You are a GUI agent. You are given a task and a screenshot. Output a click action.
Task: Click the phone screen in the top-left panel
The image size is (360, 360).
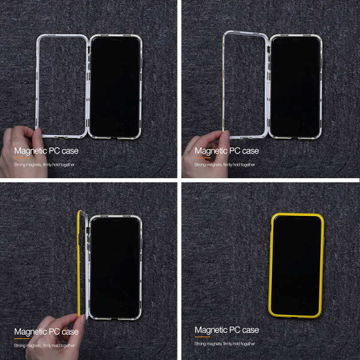[115, 86]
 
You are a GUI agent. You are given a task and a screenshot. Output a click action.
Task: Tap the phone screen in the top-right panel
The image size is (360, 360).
[295, 86]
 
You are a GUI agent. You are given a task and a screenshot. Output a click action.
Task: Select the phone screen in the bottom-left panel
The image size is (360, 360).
[115, 268]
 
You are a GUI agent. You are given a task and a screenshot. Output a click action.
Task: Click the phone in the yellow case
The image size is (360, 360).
[296, 266]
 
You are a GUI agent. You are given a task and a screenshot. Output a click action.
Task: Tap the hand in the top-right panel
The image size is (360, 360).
[205, 154]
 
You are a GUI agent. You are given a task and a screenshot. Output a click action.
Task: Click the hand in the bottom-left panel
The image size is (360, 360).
[55, 337]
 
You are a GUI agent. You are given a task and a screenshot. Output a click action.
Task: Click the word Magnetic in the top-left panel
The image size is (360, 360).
[31, 151]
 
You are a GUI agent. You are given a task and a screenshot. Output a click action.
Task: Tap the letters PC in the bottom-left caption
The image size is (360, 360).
[55, 332]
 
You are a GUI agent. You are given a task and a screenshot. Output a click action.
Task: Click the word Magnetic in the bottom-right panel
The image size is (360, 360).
[211, 330]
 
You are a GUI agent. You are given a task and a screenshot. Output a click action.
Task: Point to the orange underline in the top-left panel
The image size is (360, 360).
[22, 158]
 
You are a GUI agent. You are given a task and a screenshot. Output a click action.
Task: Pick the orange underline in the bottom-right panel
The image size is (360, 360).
[203, 337]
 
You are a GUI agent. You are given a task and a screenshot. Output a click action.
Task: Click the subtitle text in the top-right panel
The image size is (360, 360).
[224, 164]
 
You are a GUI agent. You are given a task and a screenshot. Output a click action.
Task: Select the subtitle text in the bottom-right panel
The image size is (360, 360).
[224, 344]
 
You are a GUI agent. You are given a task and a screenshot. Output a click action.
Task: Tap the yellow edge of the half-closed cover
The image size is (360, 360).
[79, 264]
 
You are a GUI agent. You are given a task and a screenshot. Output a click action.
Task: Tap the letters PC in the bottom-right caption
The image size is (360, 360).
[235, 330]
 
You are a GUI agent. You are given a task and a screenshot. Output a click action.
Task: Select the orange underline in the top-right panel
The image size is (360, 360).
[203, 158]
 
